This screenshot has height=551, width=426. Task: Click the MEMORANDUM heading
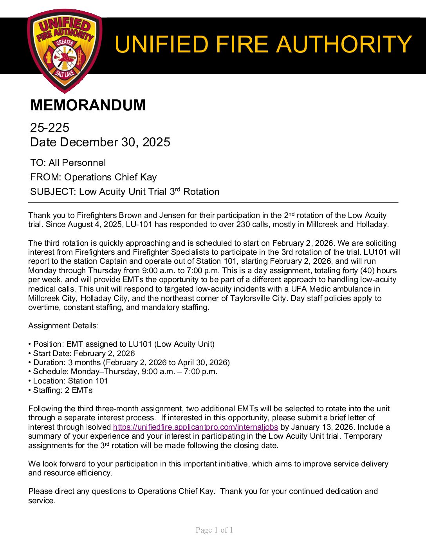coord(88,105)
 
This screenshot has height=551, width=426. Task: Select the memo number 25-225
coord(50,128)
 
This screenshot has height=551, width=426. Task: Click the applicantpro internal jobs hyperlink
coord(195,427)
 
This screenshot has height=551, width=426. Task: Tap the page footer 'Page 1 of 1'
coord(214,530)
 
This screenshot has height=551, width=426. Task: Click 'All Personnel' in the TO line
coord(77,163)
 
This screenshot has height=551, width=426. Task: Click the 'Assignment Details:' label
coord(63,326)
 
